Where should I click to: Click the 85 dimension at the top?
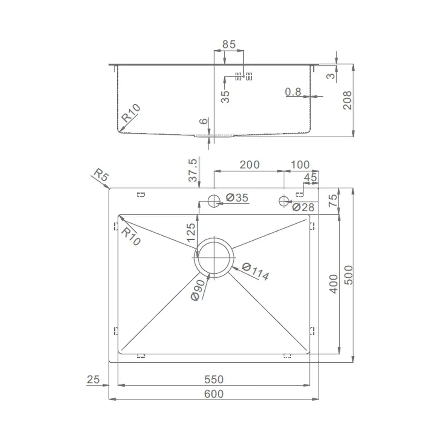[x=229, y=44]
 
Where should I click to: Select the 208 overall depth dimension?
[x=347, y=100]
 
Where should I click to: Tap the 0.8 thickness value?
[x=293, y=92]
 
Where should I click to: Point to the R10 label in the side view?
[x=131, y=113]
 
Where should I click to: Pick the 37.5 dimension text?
[x=193, y=170]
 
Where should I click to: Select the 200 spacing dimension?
[x=250, y=165]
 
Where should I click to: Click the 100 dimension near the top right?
[x=300, y=165]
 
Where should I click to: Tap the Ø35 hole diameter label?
[x=237, y=198]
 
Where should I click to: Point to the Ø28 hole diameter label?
[x=303, y=207]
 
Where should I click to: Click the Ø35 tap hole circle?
[x=214, y=201]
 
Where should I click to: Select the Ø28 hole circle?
[x=284, y=201]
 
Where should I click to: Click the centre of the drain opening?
[x=214, y=258]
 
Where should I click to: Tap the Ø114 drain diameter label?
[x=255, y=272]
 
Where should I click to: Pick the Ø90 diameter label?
[x=198, y=290]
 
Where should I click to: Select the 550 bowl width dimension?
[x=214, y=380]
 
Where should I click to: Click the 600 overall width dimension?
[x=214, y=394]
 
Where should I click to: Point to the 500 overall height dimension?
[x=348, y=275]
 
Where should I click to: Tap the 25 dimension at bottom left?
[x=93, y=380]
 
